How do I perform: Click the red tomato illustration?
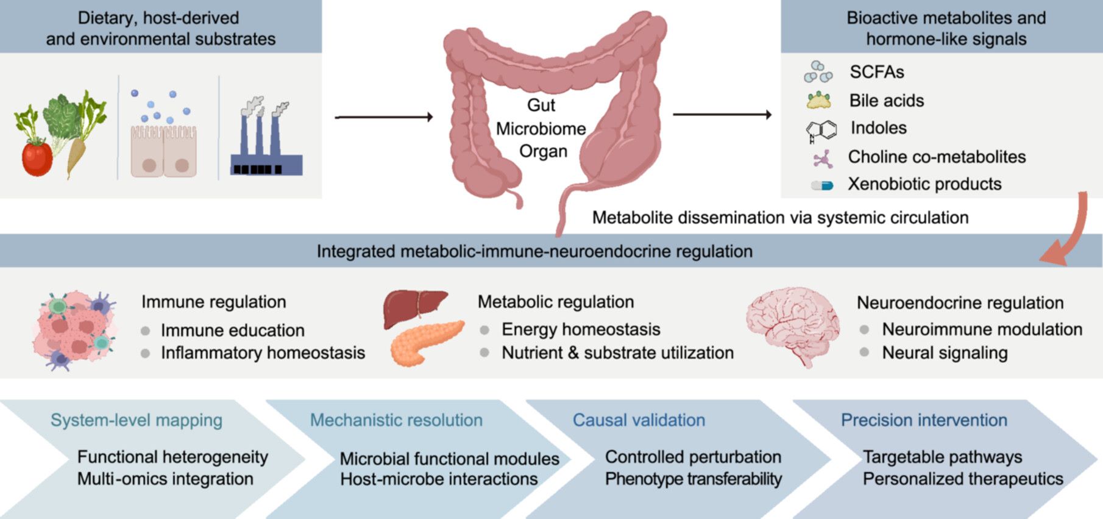pos(37,157)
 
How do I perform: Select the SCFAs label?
pos(877,72)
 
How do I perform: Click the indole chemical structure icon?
pos(821,130)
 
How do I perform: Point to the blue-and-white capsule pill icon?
pos(822,185)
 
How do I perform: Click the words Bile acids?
pos(887,101)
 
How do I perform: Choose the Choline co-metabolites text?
pos(937,157)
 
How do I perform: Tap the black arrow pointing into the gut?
pos(384,116)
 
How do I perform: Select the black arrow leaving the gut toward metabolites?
pos(722,114)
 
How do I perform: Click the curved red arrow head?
pos(1055,254)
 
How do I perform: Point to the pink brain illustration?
pos(793,326)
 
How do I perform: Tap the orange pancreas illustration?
pos(426,343)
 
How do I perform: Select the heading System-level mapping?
pos(137,420)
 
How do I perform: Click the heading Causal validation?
pos(639,420)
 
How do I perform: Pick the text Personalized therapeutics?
pos(963,479)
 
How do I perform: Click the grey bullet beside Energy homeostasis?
pos(484,330)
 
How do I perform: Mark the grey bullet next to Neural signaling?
pos(864,353)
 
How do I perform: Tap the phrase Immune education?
pos(233,331)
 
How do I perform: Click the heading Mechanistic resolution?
pos(396,420)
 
